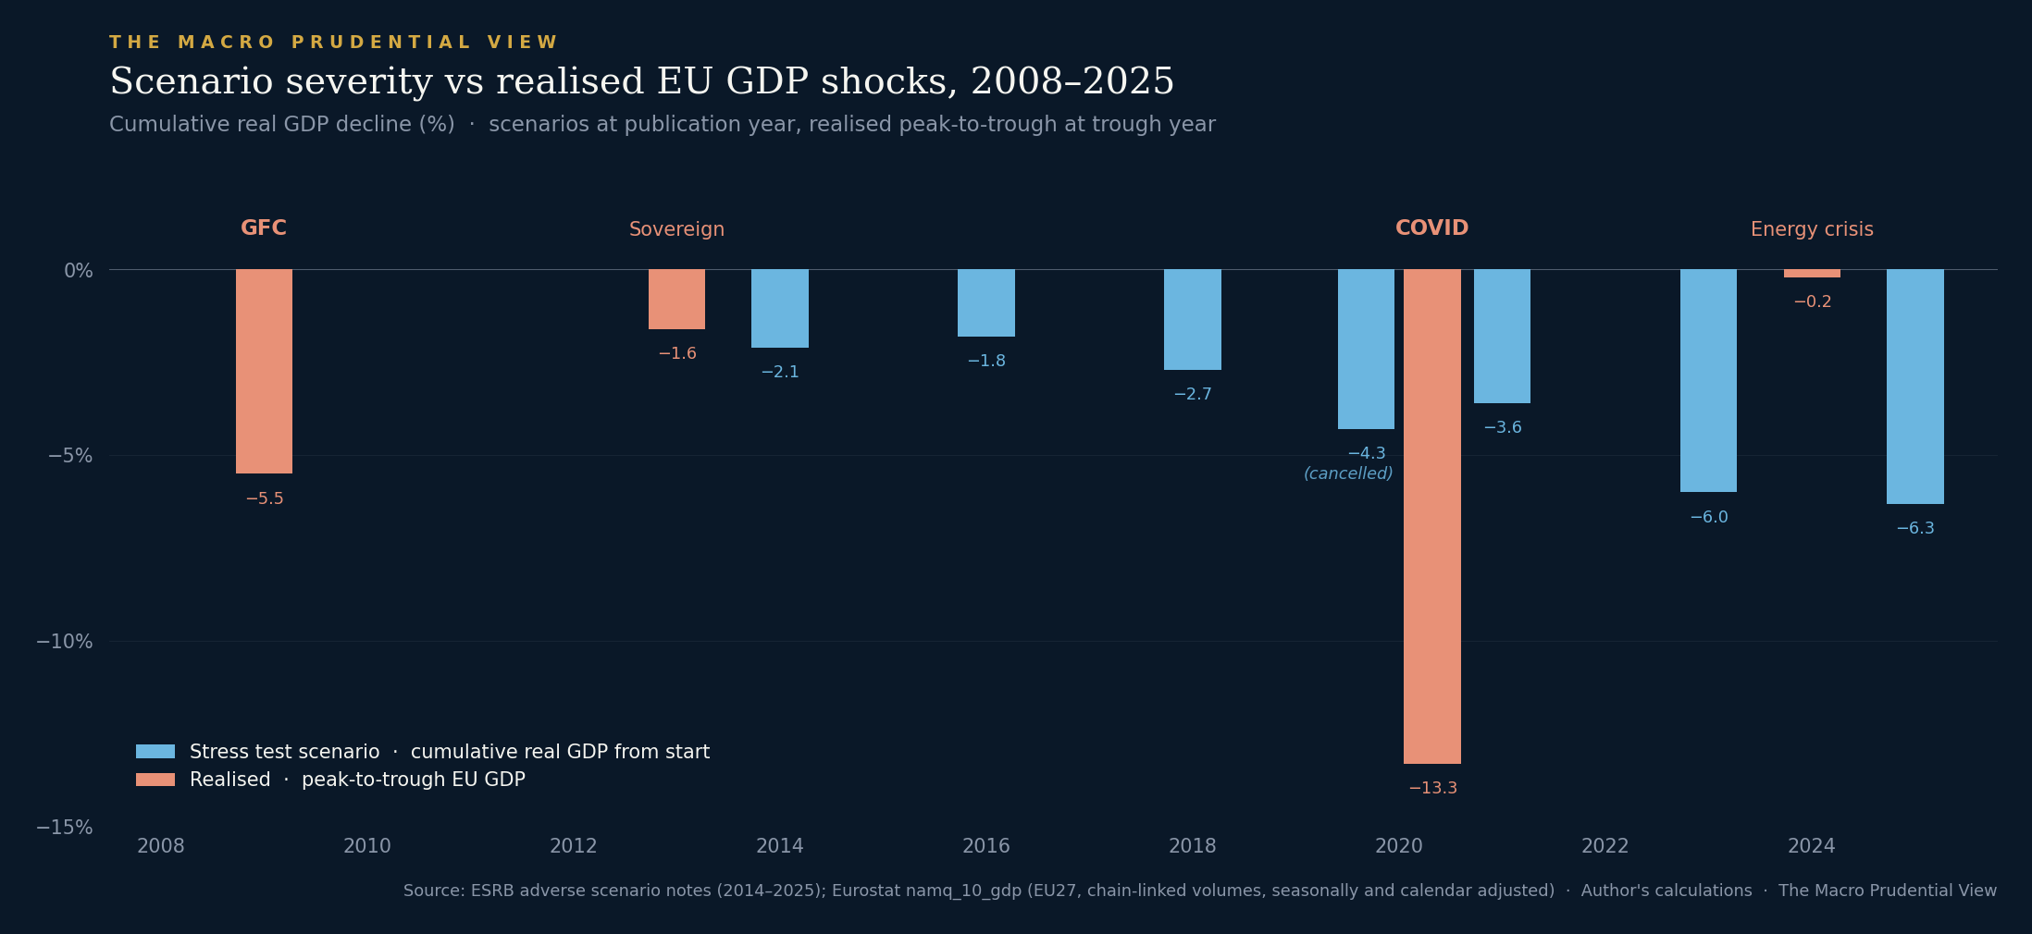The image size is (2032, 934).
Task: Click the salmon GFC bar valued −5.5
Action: tap(264, 372)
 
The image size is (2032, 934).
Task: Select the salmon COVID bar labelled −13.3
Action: tap(1431, 517)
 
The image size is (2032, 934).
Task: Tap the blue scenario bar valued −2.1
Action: tap(780, 309)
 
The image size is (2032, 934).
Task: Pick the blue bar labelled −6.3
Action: tap(1914, 387)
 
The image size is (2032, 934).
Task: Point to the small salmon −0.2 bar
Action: tap(1812, 274)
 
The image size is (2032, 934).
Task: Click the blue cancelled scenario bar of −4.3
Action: tap(1366, 350)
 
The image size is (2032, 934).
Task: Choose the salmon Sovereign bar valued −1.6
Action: tap(676, 300)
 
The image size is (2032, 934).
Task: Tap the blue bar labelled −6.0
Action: tap(1708, 381)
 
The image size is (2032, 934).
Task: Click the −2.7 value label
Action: tap(1193, 395)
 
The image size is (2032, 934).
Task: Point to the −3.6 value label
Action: tap(1503, 428)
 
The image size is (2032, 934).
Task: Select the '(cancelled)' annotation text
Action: tap(1348, 474)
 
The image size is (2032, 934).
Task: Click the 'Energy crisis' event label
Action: tap(1812, 229)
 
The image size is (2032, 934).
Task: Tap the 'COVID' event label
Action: tap(1431, 228)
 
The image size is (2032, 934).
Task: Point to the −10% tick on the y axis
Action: tap(64, 642)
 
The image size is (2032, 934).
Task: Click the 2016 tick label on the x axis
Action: tap(986, 846)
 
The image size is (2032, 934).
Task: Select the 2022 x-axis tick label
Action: tap(1605, 846)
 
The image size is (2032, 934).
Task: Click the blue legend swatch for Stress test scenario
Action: tap(155, 752)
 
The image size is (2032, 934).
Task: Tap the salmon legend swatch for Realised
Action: tap(155, 780)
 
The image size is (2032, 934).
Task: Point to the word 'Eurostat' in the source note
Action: tap(868, 891)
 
